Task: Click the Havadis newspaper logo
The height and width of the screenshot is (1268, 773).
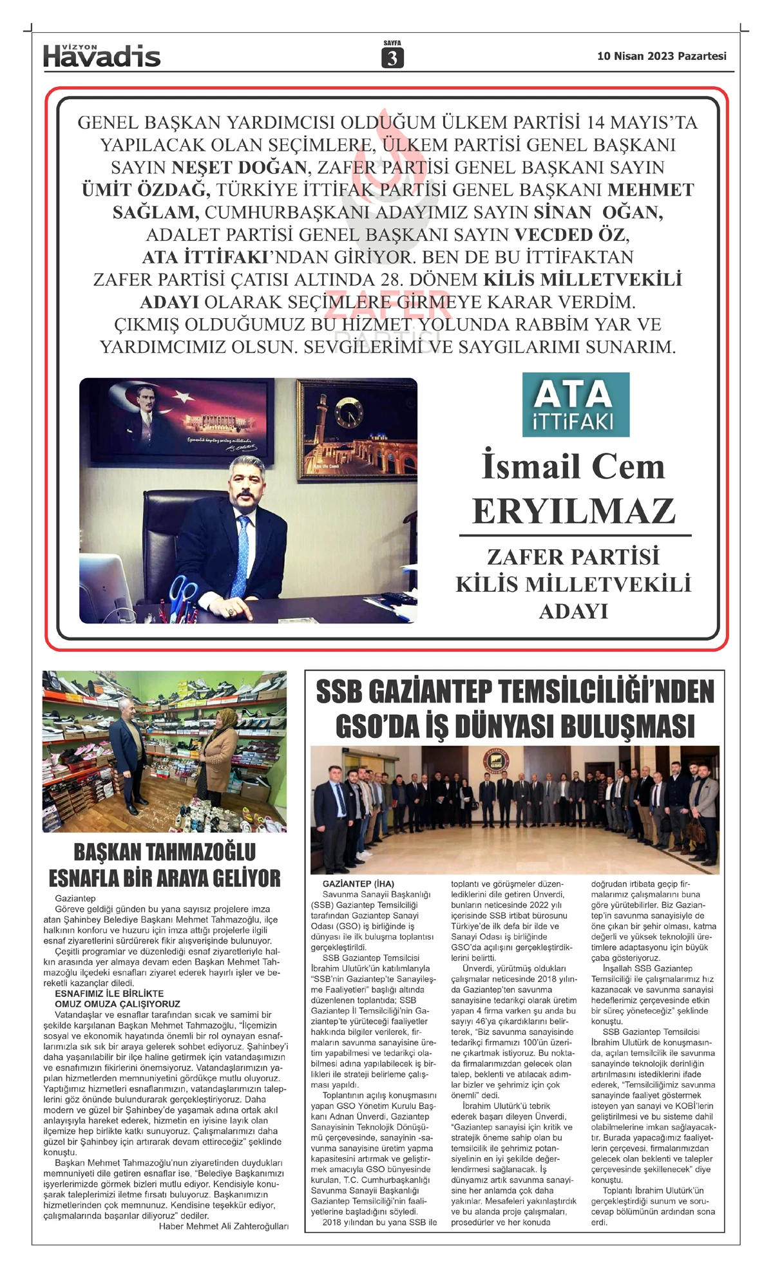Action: pyautogui.click(x=102, y=56)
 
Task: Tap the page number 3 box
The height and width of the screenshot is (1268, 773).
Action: pyautogui.click(x=392, y=59)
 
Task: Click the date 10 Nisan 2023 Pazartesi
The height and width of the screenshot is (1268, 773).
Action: pyautogui.click(x=662, y=56)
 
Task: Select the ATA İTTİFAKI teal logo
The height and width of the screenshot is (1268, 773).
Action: pyautogui.click(x=575, y=404)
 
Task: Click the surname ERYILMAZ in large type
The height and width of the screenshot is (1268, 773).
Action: pyautogui.click(x=574, y=511)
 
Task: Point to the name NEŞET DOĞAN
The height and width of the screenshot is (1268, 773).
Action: pyautogui.click(x=239, y=167)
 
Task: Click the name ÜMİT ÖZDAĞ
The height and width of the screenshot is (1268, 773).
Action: pyautogui.click(x=146, y=190)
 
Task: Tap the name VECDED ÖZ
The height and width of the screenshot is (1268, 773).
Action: pyautogui.click(x=571, y=234)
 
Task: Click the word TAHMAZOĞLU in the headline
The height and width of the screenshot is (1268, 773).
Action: pyautogui.click(x=201, y=852)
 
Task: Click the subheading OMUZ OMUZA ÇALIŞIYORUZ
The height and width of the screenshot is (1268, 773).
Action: pyautogui.click(x=117, y=1004)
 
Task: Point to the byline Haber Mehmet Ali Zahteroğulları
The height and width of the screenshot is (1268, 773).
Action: pyautogui.click(x=224, y=1226)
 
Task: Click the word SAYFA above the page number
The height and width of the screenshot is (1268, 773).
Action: pyautogui.click(x=392, y=43)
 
